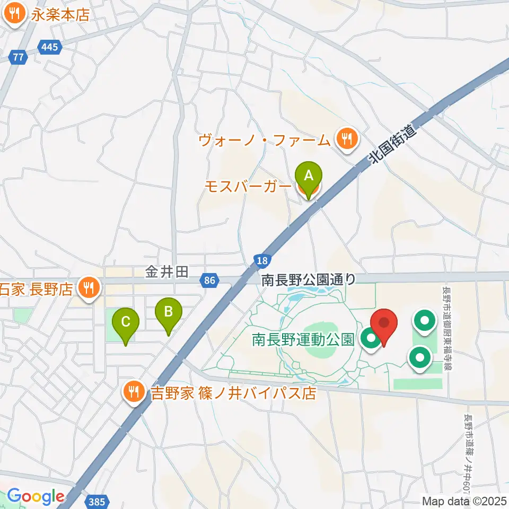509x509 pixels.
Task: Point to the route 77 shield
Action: (x=19, y=57)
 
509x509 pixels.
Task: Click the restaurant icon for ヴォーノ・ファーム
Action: (x=347, y=139)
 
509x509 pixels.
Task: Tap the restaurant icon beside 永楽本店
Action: (x=14, y=13)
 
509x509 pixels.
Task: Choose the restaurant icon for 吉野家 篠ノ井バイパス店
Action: (x=133, y=392)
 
